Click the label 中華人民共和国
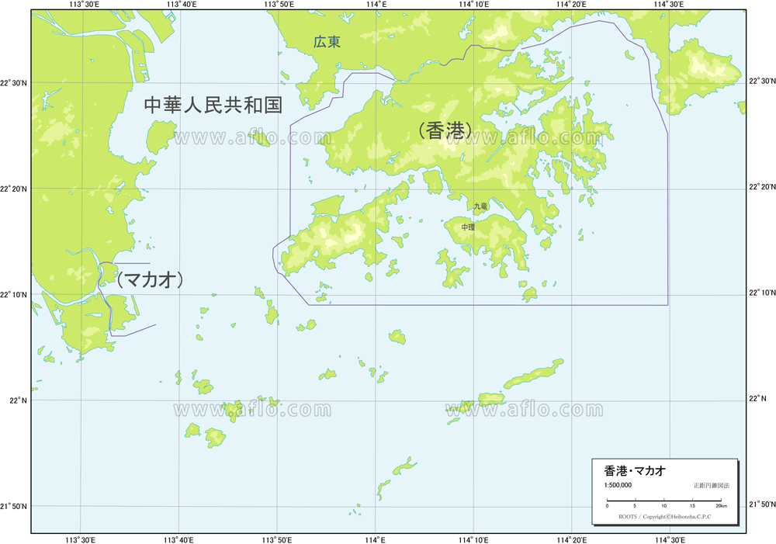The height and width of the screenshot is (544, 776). (213, 106)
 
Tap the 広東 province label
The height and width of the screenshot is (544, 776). (327, 43)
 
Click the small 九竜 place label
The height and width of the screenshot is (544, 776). (481, 206)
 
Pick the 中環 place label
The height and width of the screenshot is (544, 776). (468, 227)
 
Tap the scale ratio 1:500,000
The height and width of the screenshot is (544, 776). (618, 485)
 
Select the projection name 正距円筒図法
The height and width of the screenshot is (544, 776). (712, 485)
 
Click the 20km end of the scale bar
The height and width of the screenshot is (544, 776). (721, 505)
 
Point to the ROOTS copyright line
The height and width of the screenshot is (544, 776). (663, 516)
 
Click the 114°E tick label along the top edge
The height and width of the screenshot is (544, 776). (376, 5)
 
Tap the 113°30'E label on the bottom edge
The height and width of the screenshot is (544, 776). (81, 539)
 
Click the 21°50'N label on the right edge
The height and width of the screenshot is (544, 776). (761, 505)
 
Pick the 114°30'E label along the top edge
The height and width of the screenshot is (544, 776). (669, 5)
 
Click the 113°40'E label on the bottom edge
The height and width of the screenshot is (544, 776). (179, 539)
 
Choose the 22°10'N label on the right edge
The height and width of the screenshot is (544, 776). (761, 293)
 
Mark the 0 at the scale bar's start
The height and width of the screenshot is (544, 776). (607, 505)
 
